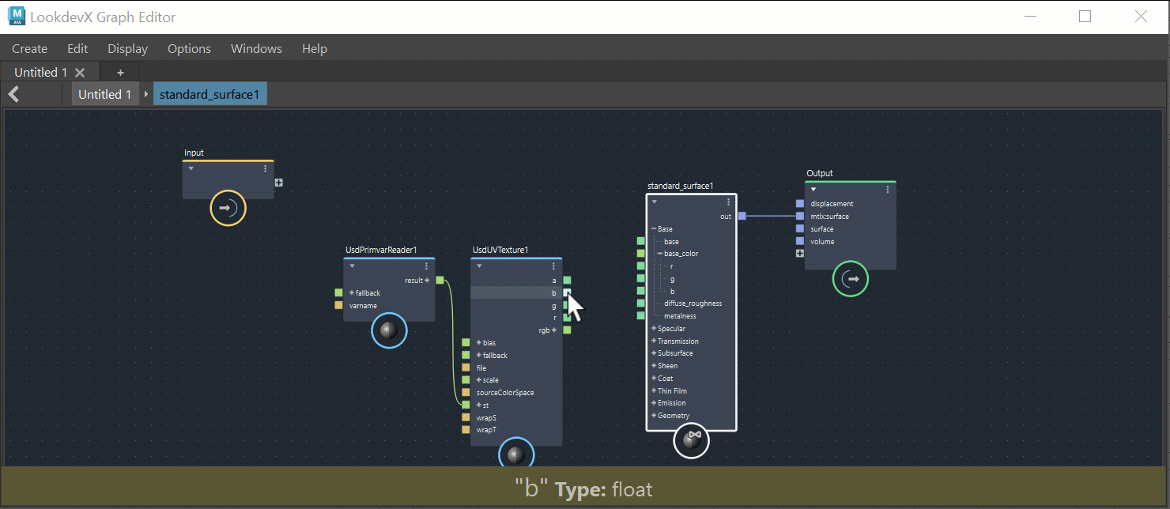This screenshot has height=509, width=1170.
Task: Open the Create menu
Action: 29,49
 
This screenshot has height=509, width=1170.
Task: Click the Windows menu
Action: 256,49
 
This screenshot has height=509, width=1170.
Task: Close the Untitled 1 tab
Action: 79,73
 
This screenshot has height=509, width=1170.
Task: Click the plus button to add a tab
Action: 120,73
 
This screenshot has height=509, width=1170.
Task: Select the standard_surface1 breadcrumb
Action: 209,95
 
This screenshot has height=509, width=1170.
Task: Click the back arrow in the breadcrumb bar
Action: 13,95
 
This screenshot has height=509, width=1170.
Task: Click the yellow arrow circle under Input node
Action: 228,209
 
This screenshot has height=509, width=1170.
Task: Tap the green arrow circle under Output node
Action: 850,279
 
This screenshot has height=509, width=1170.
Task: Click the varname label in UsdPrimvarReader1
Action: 363,306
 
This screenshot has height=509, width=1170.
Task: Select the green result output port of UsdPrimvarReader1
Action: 440,280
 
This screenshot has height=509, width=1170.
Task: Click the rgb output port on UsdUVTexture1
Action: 567,330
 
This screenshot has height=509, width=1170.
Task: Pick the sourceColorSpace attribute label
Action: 504,393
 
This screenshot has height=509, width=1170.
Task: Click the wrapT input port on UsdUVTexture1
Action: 466,430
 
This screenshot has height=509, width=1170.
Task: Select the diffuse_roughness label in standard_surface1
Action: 693,304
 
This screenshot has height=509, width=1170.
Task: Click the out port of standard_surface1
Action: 742,216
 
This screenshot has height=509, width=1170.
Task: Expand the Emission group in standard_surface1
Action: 655,403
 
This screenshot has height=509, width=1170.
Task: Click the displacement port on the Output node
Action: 800,204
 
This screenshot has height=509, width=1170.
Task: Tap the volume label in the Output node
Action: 822,242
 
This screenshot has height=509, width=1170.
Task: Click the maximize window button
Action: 1085,17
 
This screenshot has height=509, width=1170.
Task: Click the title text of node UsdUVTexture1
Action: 500,251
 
